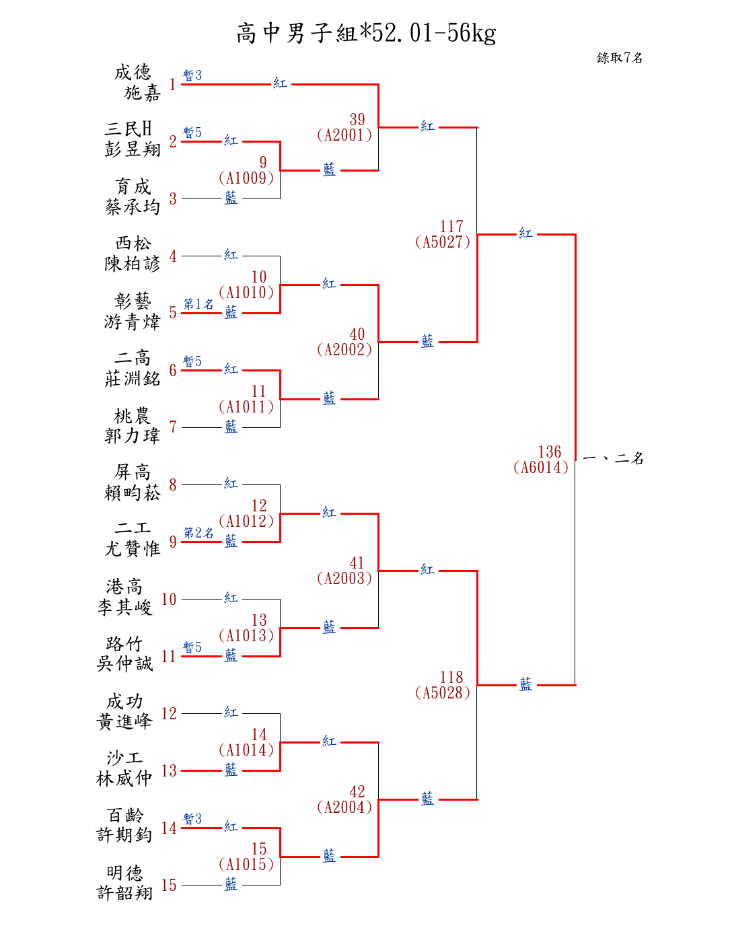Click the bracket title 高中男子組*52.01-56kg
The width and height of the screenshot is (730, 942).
pyautogui.click(x=366, y=33)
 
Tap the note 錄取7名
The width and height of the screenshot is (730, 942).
pyautogui.click(x=619, y=58)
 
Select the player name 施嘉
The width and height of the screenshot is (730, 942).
pyautogui.click(x=143, y=93)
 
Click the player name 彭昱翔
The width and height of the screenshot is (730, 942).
pyautogui.click(x=133, y=149)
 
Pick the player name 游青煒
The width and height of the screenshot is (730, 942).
pyautogui.click(x=133, y=322)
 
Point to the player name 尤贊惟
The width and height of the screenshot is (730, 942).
pyautogui.click(x=133, y=549)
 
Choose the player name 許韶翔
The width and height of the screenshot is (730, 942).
pyautogui.click(x=125, y=893)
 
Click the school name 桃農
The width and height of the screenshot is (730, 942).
pyautogui.click(x=133, y=415)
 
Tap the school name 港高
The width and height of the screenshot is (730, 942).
pyautogui.click(x=125, y=587)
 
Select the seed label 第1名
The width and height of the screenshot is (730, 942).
pyautogui.click(x=198, y=304)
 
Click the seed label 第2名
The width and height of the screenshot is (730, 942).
pyautogui.click(x=198, y=533)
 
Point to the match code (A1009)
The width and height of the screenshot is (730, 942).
pyautogui.click(x=246, y=178)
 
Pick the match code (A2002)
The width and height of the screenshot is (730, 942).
pyautogui.click(x=344, y=350)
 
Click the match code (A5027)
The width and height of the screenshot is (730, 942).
pyautogui.click(x=443, y=242)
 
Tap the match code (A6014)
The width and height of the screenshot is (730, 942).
pyautogui.click(x=541, y=468)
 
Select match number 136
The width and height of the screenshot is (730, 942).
pyautogui.click(x=550, y=452)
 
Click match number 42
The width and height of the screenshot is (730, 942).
pyautogui.click(x=357, y=792)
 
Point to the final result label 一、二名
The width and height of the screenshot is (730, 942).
pyautogui.click(x=613, y=459)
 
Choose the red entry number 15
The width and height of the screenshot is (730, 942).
pyautogui.click(x=169, y=885)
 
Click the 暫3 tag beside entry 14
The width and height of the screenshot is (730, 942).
pyautogui.click(x=192, y=819)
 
